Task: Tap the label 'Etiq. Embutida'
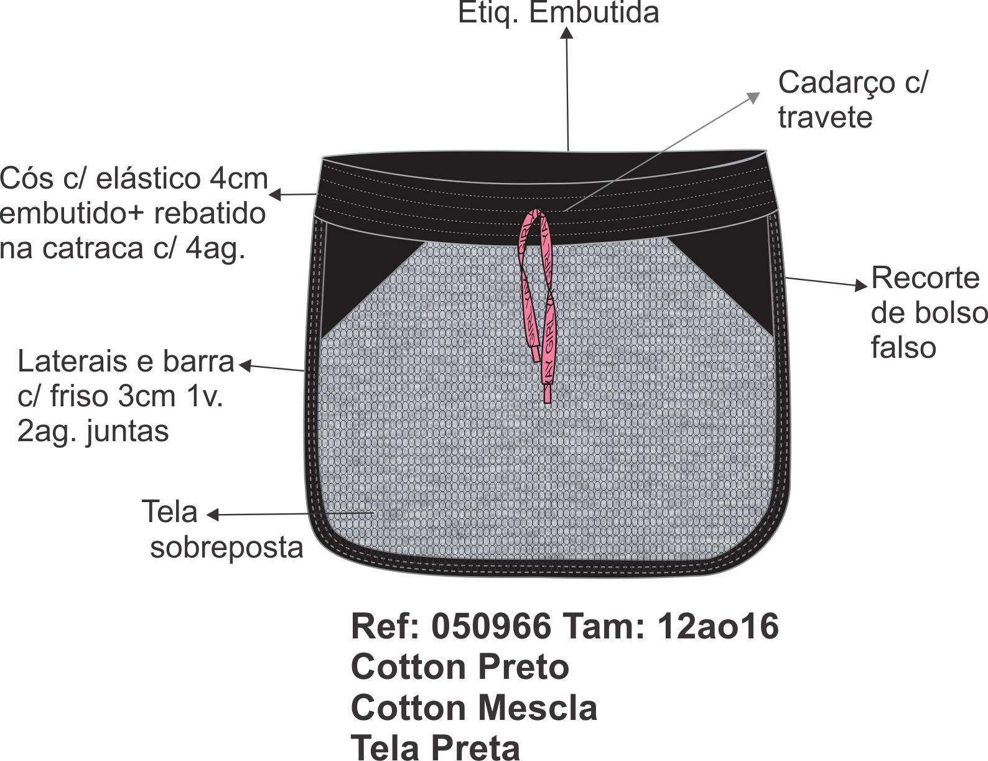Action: pyautogui.click(x=558, y=12)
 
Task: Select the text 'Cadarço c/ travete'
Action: pyautogui.click(x=851, y=100)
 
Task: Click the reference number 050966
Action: pyautogui.click(x=491, y=626)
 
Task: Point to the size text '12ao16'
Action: pyautogui.click(x=717, y=626)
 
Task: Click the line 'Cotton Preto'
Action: pyautogui.click(x=460, y=667)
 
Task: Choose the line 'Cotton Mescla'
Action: pyautogui.click(x=474, y=708)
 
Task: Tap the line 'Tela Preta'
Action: pyautogui.click(x=436, y=747)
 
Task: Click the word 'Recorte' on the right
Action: pyautogui.click(x=925, y=278)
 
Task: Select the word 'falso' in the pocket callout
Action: pyautogui.click(x=903, y=347)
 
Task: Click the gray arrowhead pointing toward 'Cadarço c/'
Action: pyautogui.click(x=754, y=96)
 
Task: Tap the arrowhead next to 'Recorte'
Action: pyautogui.click(x=862, y=286)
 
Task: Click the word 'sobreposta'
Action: pyautogui.click(x=226, y=548)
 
